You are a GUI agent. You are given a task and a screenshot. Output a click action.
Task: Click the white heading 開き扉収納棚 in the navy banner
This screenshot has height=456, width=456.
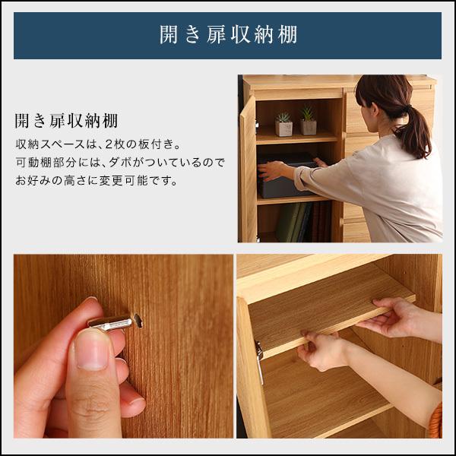227,35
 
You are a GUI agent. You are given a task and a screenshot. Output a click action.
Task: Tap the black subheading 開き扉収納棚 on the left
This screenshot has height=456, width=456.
66,122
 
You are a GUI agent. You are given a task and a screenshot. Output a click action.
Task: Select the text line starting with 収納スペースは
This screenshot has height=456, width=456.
99,144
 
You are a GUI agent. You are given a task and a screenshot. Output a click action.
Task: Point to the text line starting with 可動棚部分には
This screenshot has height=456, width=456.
119,163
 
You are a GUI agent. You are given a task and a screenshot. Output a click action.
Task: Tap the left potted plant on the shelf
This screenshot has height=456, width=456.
283,125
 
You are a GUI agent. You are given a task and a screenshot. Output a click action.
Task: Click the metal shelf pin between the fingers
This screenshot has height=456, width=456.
111,323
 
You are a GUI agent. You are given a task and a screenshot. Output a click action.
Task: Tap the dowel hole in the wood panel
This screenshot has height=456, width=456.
138,321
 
